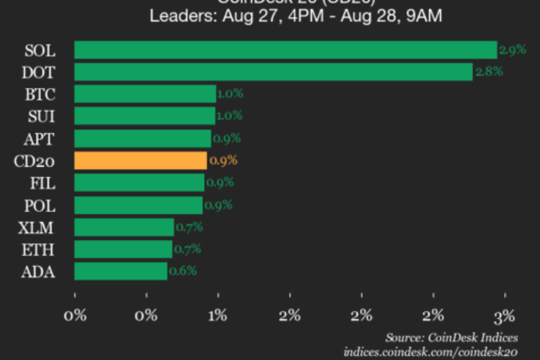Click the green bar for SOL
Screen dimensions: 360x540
tap(285, 50)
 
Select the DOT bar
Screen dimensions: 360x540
tap(273, 72)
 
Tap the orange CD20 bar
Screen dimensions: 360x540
tap(140, 160)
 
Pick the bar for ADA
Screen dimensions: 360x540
tap(120, 271)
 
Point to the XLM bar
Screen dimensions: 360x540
tap(124, 227)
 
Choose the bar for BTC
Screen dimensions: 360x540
tap(144, 94)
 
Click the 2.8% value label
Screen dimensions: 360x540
tap(488, 72)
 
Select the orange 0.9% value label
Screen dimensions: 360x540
tap(223, 161)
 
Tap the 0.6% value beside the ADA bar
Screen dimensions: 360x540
tap(183, 271)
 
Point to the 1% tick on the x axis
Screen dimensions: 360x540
tap(218, 315)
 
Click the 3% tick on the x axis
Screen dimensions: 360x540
tap(504, 315)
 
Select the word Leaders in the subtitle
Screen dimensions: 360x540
tap(175, 16)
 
